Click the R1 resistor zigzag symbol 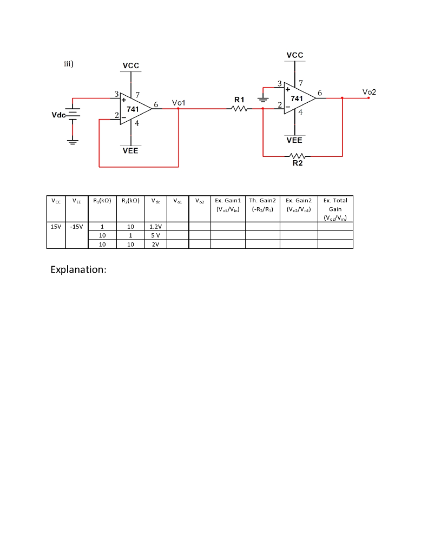(x=240, y=109)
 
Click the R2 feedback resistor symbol (x=297, y=156)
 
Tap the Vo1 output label (x=179, y=102)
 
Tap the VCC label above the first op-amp (x=131, y=65)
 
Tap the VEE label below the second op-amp (x=294, y=140)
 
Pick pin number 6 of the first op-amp (x=156, y=104)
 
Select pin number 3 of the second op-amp (x=279, y=83)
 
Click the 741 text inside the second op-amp (x=297, y=98)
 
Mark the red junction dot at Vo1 (x=179, y=109)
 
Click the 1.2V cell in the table (x=156, y=227)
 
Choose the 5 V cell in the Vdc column (x=156, y=235)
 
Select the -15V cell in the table (x=76, y=227)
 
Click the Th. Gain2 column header (x=262, y=205)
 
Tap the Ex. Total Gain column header (x=335, y=208)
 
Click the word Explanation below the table (x=78, y=269)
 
